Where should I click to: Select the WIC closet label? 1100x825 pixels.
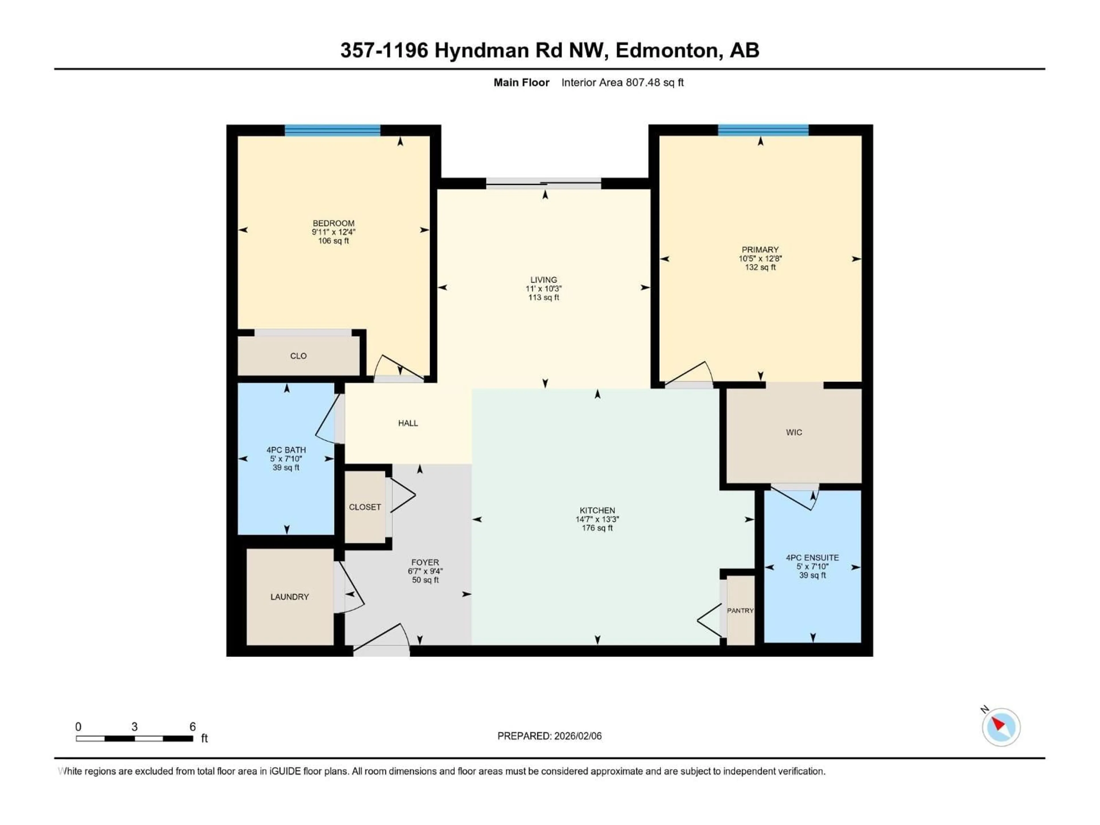pos(794,433)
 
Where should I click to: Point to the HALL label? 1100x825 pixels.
pos(408,423)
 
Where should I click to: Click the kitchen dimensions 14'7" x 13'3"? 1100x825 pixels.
pos(597,519)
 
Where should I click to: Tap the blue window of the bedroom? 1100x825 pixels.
pos(332,130)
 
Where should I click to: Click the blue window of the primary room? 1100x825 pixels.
pos(763,130)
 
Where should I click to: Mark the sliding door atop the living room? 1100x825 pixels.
pos(543,184)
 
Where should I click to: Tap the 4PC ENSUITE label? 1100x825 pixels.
pos(812,558)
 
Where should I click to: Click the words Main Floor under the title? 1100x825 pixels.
pos(521,82)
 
